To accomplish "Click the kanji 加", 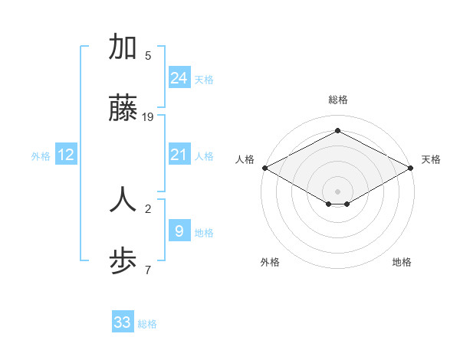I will pos(123,47).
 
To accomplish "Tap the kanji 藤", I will pos(123,110).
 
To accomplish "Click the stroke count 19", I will pos(149,117).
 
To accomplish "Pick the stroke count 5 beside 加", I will pos(148,55).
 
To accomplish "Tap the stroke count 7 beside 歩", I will pos(148,270).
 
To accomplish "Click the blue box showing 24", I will pos(179,77).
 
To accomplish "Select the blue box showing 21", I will pos(179,155).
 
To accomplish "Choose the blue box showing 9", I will pos(179,231).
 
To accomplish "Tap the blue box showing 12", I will pos(66,155).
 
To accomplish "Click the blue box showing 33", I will pos(123,322).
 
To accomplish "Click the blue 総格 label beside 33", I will pos(147,324).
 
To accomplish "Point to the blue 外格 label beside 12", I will pos(41,156).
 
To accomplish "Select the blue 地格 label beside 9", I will pos(204,233).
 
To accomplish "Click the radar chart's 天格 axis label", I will pos(431,159).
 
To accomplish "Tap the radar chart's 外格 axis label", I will pos(270,262).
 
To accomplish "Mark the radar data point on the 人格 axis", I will pos(264,168).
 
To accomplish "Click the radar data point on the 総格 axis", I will pos(337,131).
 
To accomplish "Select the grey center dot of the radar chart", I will pos(337,191).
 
